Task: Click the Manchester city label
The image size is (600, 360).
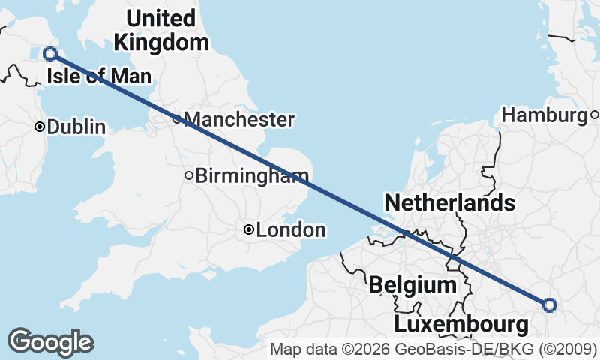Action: click(x=238, y=119)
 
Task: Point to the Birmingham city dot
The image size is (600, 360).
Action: click(x=189, y=176)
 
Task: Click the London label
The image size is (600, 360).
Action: click(x=290, y=230)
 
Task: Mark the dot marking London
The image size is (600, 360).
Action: click(x=249, y=230)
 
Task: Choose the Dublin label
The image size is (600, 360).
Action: click(x=76, y=127)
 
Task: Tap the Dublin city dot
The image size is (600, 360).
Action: click(x=40, y=127)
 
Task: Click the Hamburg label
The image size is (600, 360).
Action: click(x=544, y=115)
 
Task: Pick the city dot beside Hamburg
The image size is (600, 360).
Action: click(x=594, y=115)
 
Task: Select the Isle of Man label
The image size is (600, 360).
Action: click(x=98, y=76)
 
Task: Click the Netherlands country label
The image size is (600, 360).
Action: click(x=449, y=202)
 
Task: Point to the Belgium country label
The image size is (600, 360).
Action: click(x=412, y=285)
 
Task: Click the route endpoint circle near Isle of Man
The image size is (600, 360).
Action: click(x=50, y=53)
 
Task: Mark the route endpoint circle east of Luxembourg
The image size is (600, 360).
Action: click(x=550, y=304)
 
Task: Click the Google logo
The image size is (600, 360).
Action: click(x=50, y=341)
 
